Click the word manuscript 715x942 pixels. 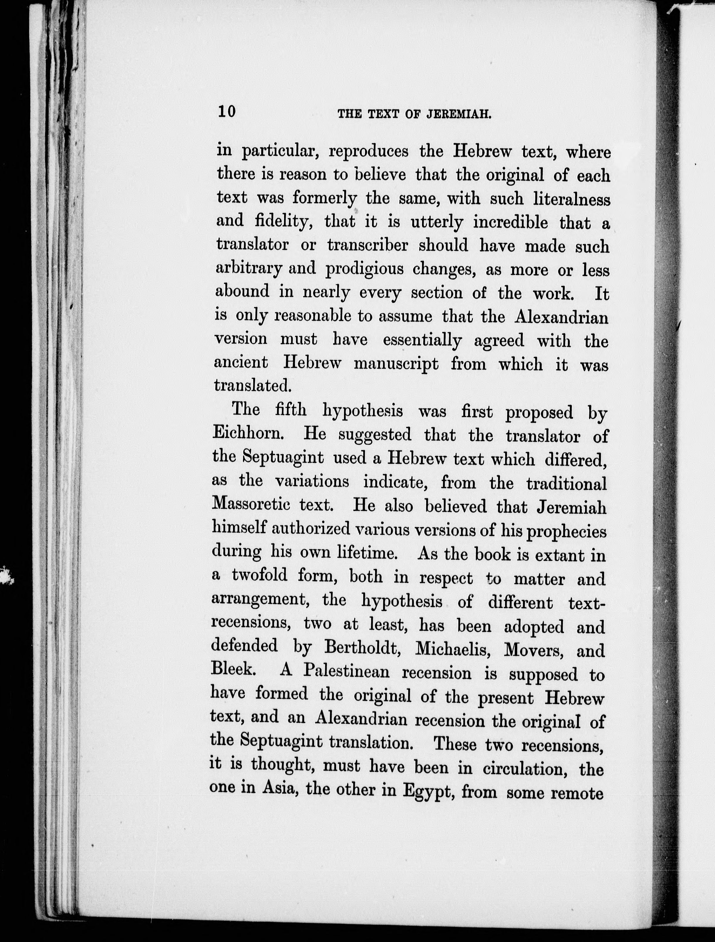click(396, 364)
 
